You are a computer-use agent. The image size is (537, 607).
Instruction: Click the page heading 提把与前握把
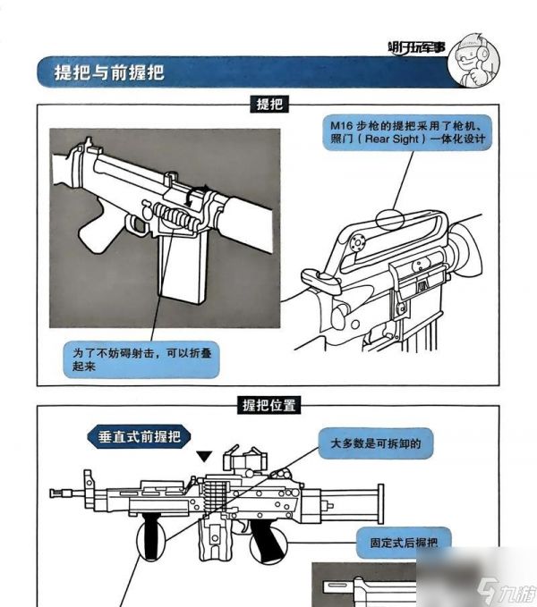pos(110,72)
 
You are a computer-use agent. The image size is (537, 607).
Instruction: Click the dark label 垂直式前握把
pos(139,437)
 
